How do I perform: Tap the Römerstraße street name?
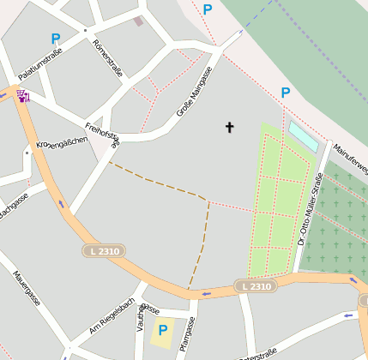pos(107,58)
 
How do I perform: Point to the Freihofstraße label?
pos(103,133)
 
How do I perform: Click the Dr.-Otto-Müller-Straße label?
pos(310,210)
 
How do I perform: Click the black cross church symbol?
pos(229,128)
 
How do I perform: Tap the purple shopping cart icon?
pos(22,96)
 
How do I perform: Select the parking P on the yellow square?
pos(161,330)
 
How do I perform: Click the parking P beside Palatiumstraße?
pos(56,39)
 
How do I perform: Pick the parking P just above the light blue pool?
pos(286,93)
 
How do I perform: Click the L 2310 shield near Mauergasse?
pos(103,251)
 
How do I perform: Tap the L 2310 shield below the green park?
pos(256,285)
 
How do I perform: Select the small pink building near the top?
pos(138,21)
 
